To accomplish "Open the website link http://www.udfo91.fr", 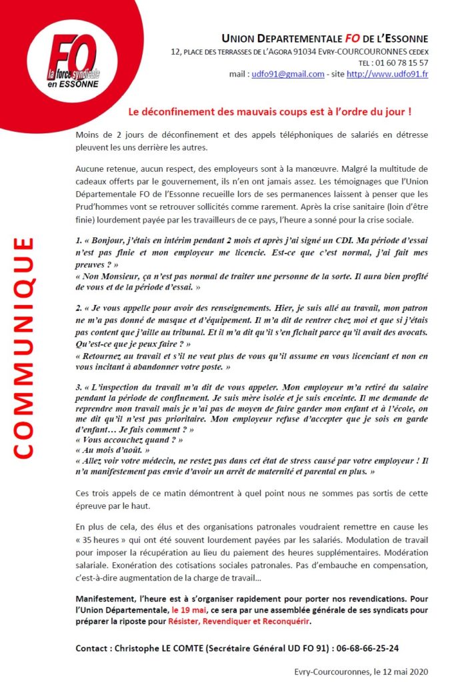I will tap(387, 74).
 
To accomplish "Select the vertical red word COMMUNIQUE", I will tap(23, 346).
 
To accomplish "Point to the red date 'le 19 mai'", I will tap(189, 609).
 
